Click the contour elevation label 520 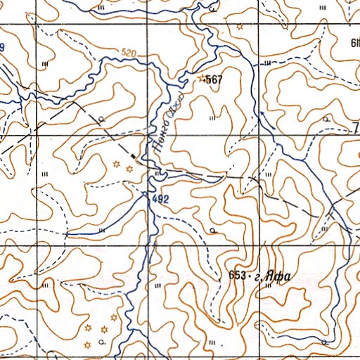(x=129, y=53)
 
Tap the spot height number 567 (x=214, y=80)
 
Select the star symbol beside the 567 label (x=203, y=78)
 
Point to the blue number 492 (x=161, y=200)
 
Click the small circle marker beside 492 (x=145, y=193)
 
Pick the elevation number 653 (x=238, y=276)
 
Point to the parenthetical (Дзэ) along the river (x=175, y=105)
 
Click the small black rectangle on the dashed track (x=133, y=151)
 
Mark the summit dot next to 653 (x=250, y=276)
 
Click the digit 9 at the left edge (x=2, y=47)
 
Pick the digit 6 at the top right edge (x=354, y=43)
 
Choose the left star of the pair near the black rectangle (x=115, y=164)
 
